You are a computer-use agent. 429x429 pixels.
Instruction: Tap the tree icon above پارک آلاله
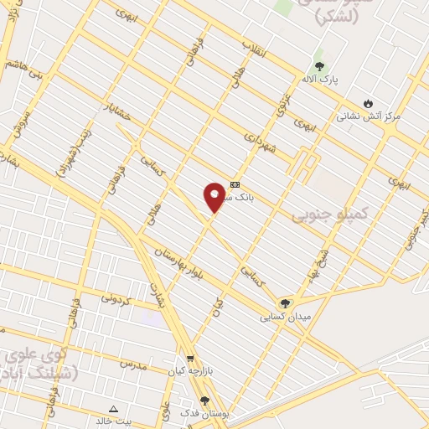318,66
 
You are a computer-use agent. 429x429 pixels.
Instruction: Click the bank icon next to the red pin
235,184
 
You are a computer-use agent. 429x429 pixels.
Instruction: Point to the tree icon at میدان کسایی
287,303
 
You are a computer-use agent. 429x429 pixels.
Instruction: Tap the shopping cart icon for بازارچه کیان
190,357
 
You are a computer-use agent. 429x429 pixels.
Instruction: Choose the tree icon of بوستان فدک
204,401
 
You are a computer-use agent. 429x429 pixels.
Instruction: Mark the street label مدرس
132,364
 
